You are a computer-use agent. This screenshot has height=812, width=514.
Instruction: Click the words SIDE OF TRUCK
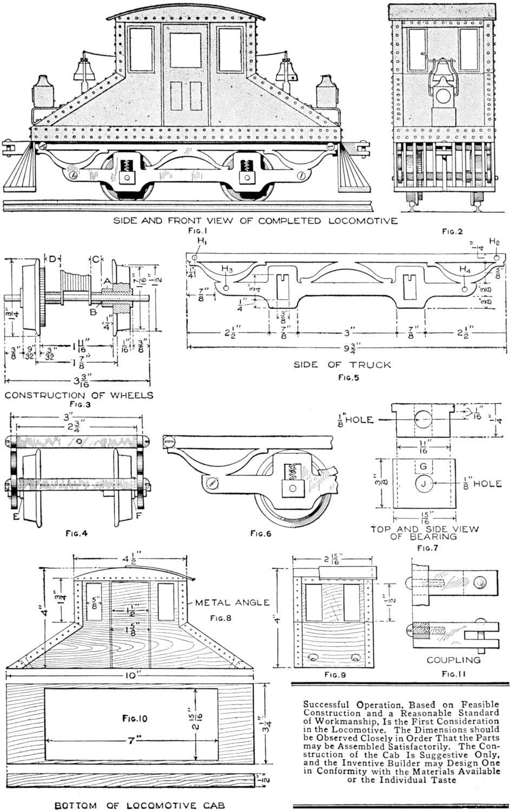[342, 364]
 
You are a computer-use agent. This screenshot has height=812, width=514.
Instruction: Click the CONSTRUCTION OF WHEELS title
[79, 395]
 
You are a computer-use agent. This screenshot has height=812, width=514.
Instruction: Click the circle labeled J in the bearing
[423, 483]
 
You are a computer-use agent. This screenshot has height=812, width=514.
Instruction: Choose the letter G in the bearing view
[423, 466]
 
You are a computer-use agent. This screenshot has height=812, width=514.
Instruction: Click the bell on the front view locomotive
[443, 68]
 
